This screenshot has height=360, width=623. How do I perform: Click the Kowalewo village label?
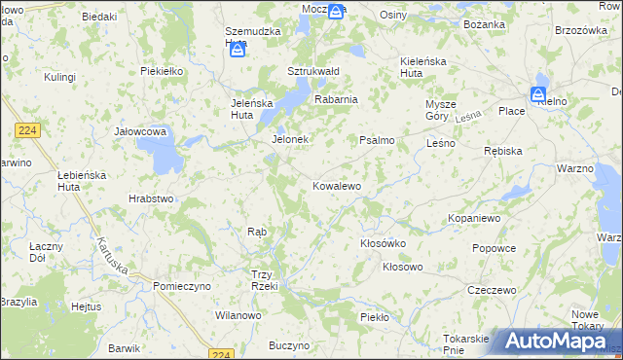pyautogui.click(x=337, y=185)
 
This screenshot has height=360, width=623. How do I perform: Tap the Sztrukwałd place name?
pyautogui.click(x=312, y=71)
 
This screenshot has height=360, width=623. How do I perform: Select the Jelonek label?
pyautogui.click(x=289, y=139)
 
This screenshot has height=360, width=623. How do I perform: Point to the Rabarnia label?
pyautogui.click(x=336, y=98)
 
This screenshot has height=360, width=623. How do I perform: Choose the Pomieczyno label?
pyautogui.click(x=182, y=286)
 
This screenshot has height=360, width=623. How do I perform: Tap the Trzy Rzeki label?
pyautogui.click(x=265, y=279)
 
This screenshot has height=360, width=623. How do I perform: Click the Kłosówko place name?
pyautogui.click(x=383, y=243)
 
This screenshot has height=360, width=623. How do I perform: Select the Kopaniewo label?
pyautogui.click(x=474, y=219)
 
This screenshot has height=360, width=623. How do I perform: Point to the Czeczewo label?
pyautogui.click(x=491, y=290)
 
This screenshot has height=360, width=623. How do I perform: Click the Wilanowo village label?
pyautogui.click(x=238, y=315)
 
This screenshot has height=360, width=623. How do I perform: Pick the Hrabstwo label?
pyautogui.click(x=151, y=198)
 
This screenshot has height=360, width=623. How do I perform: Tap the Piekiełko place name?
pyautogui.click(x=163, y=71)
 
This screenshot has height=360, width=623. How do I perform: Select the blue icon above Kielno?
pyautogui.click(x=538, y=93)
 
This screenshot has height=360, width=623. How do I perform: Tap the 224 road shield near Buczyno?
pyautogui.click(x=222, y=354)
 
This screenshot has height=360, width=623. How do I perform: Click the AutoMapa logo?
pyautogui.click(x=554, y=342)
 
